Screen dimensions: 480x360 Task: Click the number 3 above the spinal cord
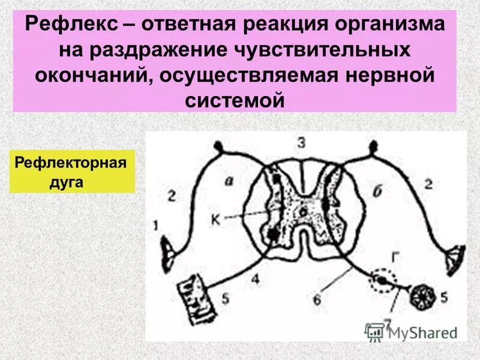pos(301,143)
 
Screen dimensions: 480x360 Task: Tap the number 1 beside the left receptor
pos(157,226)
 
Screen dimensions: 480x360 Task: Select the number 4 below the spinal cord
pos(254,278)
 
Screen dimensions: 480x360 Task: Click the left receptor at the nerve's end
pos(169,249)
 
